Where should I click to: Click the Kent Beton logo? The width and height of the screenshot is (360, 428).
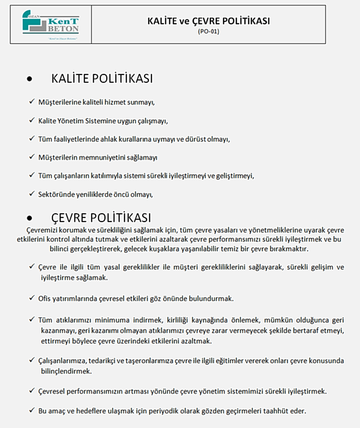(x=51, y=25)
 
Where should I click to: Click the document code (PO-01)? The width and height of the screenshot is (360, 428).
(x=209, y=32)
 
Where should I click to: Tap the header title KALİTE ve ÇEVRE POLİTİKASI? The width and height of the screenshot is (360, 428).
(x=209, y=21)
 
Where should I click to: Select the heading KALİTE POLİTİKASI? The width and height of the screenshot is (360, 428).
(x=102, y=79)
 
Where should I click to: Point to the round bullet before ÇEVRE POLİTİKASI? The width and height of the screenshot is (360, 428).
(x=30, y=218)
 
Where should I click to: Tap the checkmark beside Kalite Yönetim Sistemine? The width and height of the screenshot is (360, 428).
(x=31, y=121)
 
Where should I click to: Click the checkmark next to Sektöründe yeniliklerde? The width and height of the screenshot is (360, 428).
(x=31, y=193)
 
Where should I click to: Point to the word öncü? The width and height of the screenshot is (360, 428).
(x=124, y=194)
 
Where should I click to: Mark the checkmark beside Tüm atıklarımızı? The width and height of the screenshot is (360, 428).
(x=31, y=319)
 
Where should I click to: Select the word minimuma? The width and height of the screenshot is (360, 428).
(x=99, y=319)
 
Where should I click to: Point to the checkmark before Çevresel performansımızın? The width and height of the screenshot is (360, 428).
(x=31, y=391)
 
